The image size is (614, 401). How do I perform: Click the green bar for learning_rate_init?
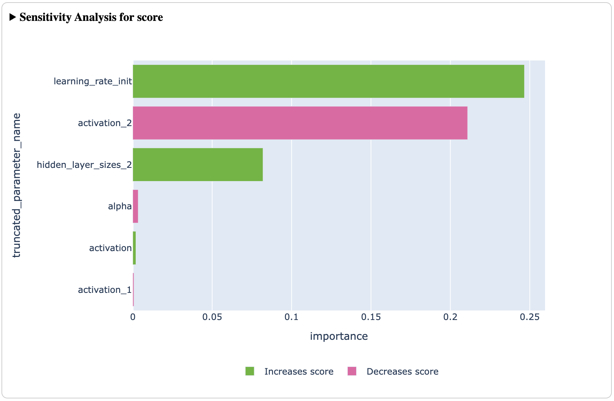click(x=328, y=81)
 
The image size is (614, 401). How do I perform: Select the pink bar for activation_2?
click(x=300, y=123)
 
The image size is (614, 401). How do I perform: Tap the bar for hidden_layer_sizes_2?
click(x=198, y=165)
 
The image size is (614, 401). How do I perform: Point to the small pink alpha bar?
click(x=135, y=206)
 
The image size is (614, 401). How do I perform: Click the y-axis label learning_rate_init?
click(x=93, y=81)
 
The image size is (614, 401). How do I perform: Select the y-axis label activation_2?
click(x=105, y=123)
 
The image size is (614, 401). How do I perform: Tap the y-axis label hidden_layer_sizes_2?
click(x=84, y=165)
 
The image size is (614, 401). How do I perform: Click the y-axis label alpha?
click(x=120, y=206)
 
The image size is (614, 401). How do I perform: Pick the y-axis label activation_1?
click(x=105, y=290)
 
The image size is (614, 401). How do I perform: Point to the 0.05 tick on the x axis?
click(x=212, y=317)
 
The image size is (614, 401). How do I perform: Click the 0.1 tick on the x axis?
click(x=292, y=317)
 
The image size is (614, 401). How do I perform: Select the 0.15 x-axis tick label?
click(x=371, y=317)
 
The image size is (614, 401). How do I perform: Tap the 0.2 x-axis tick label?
click(x=450, y=317)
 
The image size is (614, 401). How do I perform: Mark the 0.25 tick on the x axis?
click(x=530, y=317)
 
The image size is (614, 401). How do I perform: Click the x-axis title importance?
click(x=339, y=336)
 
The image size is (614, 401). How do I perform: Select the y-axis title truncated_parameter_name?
click(x=17, y=185)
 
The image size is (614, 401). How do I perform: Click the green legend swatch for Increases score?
click(x=250, y=371)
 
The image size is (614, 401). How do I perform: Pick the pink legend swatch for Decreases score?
click(x=352, y=371)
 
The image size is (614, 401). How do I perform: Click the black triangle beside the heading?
click(x=13, y=17)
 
